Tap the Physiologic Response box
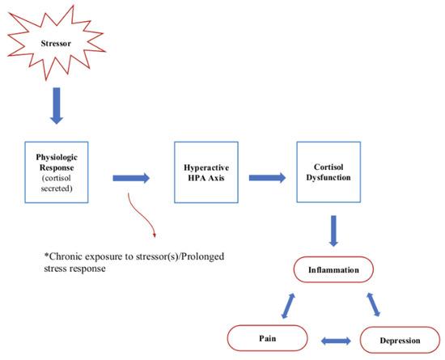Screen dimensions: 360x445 tap(56, 172)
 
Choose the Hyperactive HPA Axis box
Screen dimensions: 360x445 tap(206, 172)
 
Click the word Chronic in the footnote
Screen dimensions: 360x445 tap(69, 255)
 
